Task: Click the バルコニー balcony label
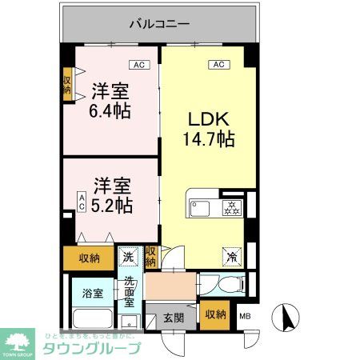tap(160, 24)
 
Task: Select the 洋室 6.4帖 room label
tap(110, 100)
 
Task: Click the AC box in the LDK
tap(216, 64)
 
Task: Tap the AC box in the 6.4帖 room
tap(138, 64)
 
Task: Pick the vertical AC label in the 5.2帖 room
tap(82, 201)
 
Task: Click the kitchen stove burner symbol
tap(231, 208)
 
